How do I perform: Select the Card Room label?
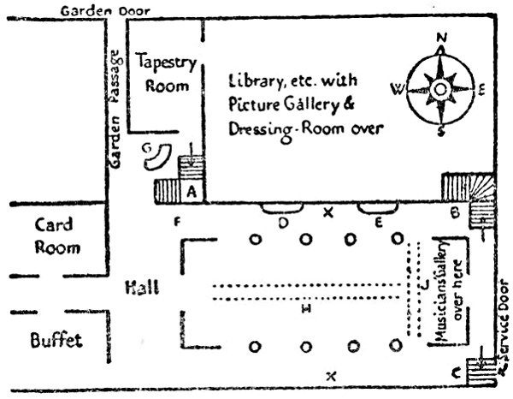click(x=56, y=236)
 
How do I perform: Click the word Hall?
click(x=141, y=288)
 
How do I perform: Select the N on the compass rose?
click(x=442, y=38)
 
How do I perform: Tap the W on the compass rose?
click(x=394, y=86)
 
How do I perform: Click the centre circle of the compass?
click(x=440, y=88)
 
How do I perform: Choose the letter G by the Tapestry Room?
click(x=146, y=137)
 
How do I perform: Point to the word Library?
click(x=255, y=80)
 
